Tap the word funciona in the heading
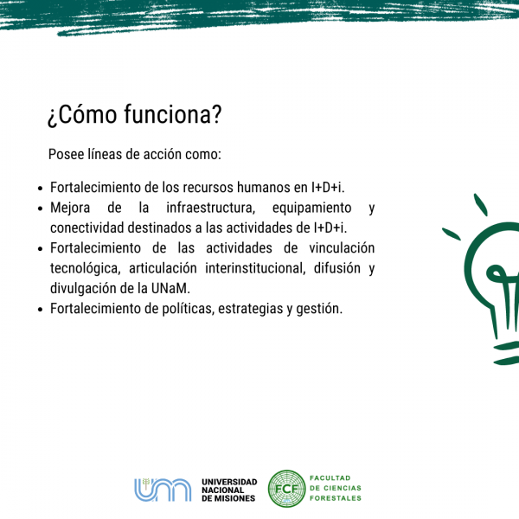(169, 114)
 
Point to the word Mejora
(70, 208)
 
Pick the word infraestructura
(210, 208)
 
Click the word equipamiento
(311, 208)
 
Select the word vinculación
(342, 248)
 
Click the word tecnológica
(86, 268)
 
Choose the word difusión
(337, 268)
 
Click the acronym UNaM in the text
(170, 289)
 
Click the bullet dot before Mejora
(41, 208)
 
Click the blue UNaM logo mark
(163, 490)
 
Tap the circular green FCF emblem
(286, 489)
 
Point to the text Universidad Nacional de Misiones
(229, 490)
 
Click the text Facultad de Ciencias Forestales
(336, 488)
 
